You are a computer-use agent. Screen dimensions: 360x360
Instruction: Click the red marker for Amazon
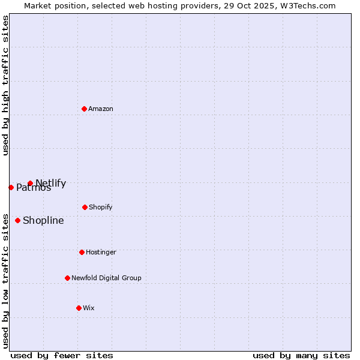click(x=85, y=109)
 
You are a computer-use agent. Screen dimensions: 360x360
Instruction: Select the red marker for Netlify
click(x=30, y=184)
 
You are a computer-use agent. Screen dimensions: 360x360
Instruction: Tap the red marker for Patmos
click(x=11, y=187)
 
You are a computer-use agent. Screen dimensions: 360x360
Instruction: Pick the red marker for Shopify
click(x=85, y=207)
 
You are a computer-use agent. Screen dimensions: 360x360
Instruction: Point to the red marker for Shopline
click(x=17, y=220)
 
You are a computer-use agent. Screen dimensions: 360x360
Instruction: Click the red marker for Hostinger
click(x=82, y=252)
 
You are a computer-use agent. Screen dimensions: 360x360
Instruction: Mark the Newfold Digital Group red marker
click(x=67, y=278)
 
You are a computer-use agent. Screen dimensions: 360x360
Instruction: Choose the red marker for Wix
click(x=79, y=308)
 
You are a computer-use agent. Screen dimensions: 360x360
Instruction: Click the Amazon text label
click(x=101, y=109)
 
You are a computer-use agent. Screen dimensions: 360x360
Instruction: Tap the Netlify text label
click(x=51, y=184)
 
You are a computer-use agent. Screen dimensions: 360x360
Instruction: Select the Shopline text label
click(x=43, y=220)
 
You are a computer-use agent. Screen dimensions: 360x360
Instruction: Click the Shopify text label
click(x=101, y=207)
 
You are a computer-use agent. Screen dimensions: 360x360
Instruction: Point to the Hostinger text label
click(x=101, y=252)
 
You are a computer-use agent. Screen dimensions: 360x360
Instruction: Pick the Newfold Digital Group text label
click(x=106, y=278)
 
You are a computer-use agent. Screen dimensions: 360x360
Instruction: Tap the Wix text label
click(x=89, y=308)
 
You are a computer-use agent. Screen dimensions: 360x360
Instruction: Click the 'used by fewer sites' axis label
click(x=62, y=355)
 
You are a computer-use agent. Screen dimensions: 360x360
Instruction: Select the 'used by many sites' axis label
click(x=301, y=355)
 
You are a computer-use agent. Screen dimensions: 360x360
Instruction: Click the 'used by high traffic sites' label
click(x=5, y=85)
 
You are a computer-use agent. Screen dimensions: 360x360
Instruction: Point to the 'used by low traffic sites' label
click(x=5, y=281)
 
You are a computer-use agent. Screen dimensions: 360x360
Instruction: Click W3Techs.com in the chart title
click(x=309, y=5)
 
